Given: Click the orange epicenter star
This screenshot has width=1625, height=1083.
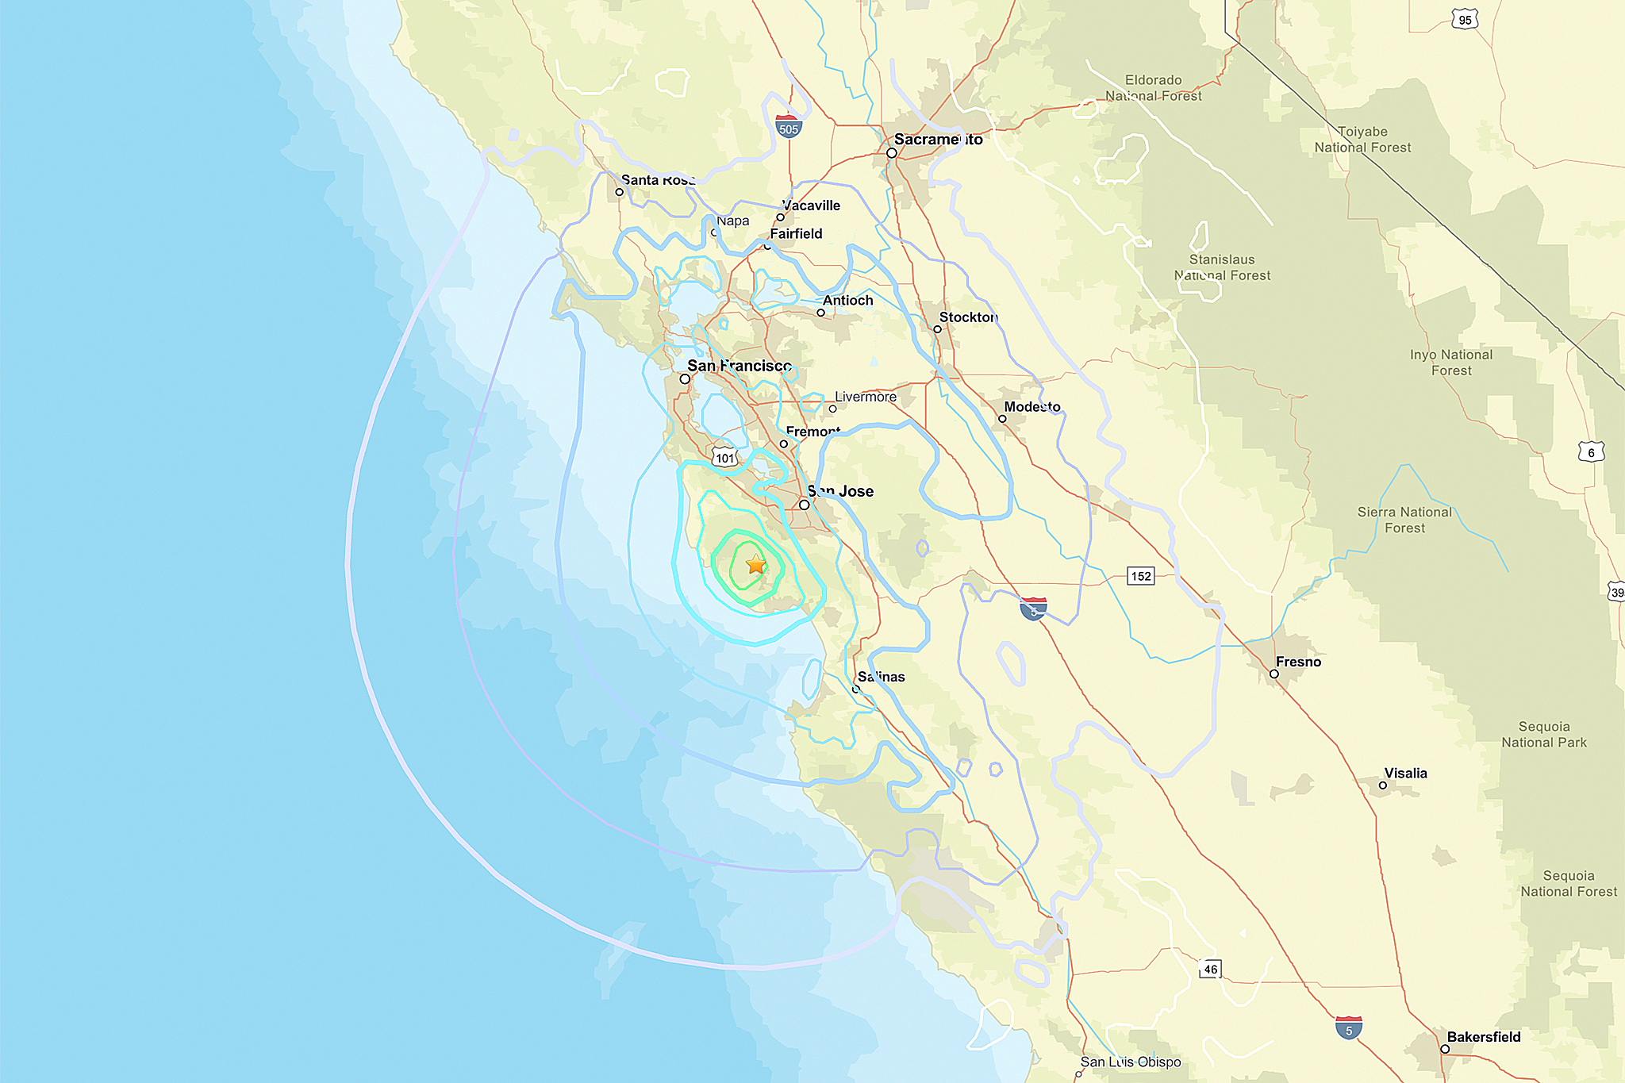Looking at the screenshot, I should point(756,565).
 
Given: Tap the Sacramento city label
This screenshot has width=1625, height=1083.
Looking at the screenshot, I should point(938,140).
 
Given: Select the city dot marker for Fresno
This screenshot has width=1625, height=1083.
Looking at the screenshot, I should point(1274,674).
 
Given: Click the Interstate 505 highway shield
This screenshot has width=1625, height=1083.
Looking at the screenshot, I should point(788,127).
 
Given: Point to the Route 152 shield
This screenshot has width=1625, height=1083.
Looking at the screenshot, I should point(1141,576).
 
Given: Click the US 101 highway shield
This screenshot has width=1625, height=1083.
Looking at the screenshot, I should point(724,458).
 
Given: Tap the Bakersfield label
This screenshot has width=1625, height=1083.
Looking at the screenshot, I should point(1483,1037).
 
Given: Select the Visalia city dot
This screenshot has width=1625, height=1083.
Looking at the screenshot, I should point(1383,785).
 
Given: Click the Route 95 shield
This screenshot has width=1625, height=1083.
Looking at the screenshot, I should point(1465,20).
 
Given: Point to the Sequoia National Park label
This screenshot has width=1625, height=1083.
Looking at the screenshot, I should point(1544,735).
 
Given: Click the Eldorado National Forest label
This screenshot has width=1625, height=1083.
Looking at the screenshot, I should point(1154,88).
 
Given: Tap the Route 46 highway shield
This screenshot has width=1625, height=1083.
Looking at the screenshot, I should point(1210,969).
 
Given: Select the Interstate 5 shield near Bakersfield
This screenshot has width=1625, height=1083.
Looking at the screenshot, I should point(1349,1028).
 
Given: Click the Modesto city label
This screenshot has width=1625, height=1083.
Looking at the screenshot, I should point(1032,407).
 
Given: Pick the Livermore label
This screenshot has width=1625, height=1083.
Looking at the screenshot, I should point(866,397).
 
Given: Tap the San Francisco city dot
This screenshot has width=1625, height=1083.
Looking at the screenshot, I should point(685,379).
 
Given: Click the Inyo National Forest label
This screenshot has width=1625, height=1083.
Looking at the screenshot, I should point(1451,363).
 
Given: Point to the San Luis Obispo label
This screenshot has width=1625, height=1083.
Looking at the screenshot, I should point(1131,1062).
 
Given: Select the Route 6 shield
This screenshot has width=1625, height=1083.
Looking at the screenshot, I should point(1591,452).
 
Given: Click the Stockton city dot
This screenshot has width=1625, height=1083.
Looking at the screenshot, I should point(937,328).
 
